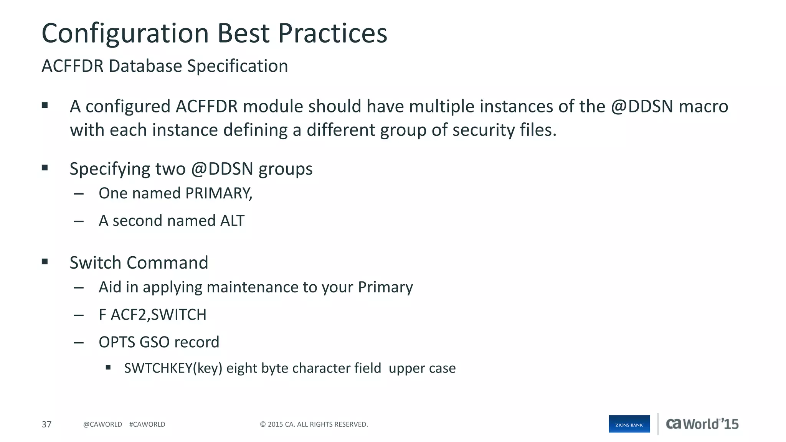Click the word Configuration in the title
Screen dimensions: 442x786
pos(125,34)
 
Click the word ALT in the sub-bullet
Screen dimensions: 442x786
pos(232,221)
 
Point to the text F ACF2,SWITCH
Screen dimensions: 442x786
pos(152,315)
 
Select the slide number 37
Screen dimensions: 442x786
pos(46,424)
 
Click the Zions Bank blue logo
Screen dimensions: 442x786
pos(629,424)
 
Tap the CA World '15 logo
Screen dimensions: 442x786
pos(702,424)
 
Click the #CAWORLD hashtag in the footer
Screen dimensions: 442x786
pos(147,424)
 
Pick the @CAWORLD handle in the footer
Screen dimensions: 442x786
pos(102,424)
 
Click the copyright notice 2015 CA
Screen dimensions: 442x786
pos(314,424)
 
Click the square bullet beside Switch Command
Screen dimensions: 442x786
pos(45,262)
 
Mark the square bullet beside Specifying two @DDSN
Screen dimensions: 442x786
pos(45,168)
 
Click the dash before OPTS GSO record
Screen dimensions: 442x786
pos(79,343)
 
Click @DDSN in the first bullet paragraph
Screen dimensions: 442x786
pos(642,106)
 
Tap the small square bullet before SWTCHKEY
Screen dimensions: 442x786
pos(108,368)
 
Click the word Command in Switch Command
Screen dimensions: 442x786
pos(167,263)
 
